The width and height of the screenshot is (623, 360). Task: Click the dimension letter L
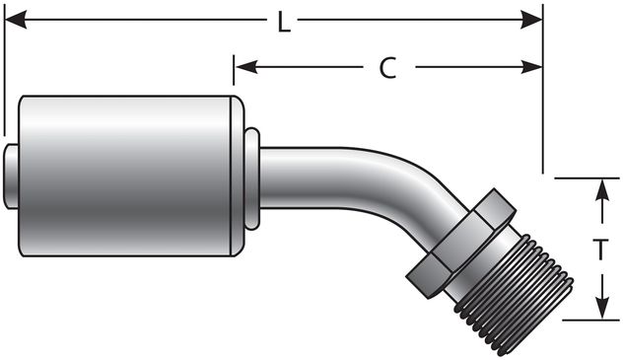(283, 22)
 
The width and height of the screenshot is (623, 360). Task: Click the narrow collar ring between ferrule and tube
(251, 178)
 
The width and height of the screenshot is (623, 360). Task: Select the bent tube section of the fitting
(345, 178)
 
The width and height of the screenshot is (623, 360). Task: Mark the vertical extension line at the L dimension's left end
(5, 79)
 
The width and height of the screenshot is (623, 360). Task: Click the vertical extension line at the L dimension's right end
(543, 99)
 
